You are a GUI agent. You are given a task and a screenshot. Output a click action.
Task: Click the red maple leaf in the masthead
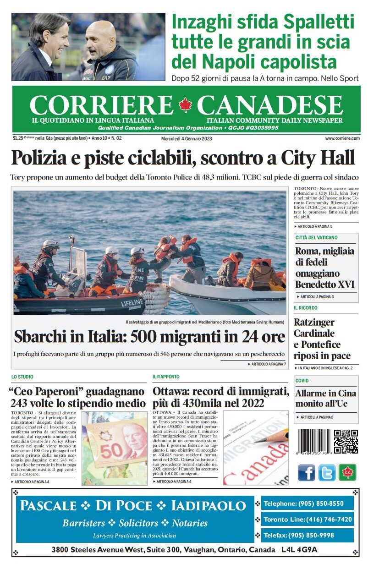(x=186, y=105)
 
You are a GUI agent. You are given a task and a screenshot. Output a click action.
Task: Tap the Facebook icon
(x=307, y=472)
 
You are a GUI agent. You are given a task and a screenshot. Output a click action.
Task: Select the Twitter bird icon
(x=327, y=472)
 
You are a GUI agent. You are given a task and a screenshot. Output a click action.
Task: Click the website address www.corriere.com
(x=342, y=138)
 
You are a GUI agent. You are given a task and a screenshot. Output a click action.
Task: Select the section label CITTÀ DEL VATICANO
(x=316, y=237)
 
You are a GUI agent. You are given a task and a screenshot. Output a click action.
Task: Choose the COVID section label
(x=302, y=381)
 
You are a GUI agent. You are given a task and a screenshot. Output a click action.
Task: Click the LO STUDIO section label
(x=22, y=377)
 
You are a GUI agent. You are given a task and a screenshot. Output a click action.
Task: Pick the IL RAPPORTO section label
(x=166, y=377)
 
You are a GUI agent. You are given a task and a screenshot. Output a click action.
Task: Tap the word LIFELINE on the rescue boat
(x=132, y=303)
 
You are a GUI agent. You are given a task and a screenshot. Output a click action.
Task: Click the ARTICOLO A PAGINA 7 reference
(x=267, y=364)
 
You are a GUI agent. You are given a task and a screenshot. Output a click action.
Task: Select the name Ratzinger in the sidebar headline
(x=314, y=322)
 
